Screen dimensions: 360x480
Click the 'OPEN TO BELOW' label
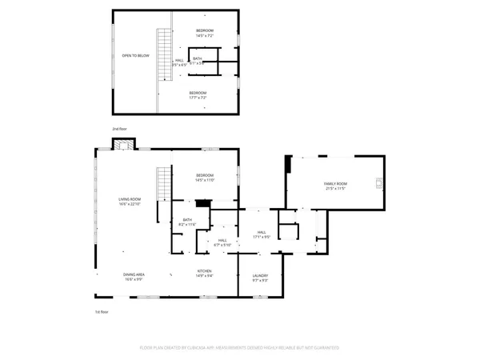pos(135,56)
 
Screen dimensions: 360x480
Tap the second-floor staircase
pos(164,54)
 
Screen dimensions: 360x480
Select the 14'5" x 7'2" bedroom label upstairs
pos(205,33)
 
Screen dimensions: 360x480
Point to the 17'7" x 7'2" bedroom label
pos(198,95)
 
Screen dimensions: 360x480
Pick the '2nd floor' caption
pos(119,129)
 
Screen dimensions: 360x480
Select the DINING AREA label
pos(134,276)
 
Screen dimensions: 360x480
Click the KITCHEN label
pos(205,274)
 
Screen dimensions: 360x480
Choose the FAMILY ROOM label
pos(334,186)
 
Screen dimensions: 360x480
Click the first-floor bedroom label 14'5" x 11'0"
pos(205,178)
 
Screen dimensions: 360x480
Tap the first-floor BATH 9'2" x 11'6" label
pos(187,222)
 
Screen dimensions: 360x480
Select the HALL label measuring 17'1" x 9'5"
pos(262,234)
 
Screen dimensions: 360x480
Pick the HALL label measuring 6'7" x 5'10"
pos(222,242)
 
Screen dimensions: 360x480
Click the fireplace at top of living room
pos(122,144)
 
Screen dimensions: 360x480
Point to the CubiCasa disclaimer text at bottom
pos(239,348)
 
